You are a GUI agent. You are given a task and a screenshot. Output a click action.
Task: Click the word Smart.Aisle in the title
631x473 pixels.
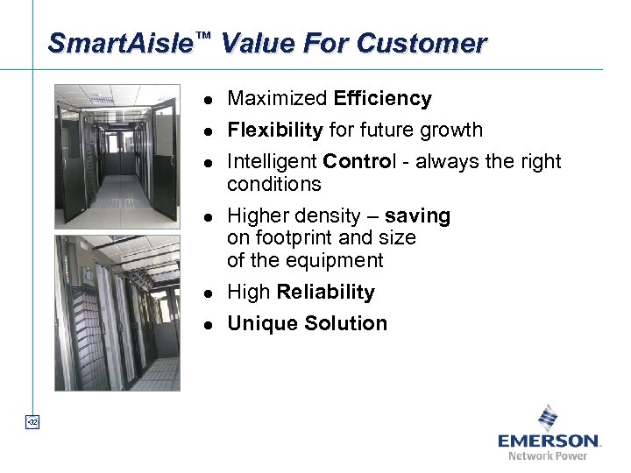120,43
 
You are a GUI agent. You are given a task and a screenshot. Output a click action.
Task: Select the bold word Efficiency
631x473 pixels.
383,99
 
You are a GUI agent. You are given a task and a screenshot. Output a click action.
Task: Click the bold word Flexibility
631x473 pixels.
275,131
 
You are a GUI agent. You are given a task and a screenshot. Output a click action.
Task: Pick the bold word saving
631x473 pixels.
416,215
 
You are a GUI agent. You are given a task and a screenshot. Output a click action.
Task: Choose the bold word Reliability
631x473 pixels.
325,293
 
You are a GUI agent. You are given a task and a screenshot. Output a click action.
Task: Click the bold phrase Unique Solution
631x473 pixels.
307,324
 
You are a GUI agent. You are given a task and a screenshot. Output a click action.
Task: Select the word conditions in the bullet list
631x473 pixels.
274,185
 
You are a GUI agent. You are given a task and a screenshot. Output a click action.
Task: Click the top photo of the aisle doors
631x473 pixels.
117,156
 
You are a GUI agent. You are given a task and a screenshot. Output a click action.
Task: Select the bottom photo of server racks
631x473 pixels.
117,313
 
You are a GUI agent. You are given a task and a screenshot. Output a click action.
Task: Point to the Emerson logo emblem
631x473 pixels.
549,416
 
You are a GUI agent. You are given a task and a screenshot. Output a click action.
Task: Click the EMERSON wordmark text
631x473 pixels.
549,440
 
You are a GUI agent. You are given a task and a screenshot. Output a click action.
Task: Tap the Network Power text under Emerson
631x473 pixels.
549,455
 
